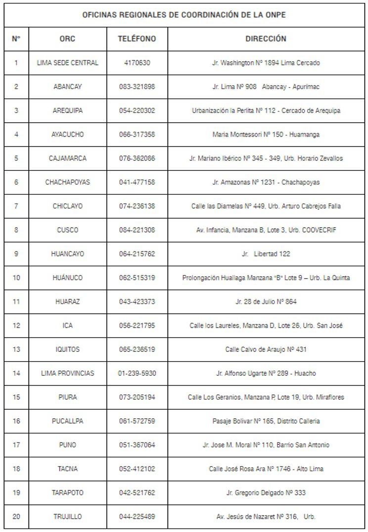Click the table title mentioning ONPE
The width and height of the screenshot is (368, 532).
184,15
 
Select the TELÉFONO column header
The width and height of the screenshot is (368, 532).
137,39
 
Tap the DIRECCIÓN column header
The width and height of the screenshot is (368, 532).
266,39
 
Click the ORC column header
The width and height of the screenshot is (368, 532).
67,39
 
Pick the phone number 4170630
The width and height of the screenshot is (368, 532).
137,63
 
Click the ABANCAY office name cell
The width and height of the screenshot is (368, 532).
67,87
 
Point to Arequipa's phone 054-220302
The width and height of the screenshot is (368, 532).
137,110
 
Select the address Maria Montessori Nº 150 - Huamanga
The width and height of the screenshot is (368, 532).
266,135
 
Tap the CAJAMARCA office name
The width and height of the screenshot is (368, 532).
67,158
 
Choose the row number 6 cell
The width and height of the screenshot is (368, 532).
16,182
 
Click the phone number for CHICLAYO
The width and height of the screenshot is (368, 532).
137,206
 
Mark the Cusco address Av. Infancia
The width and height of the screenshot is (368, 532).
266,230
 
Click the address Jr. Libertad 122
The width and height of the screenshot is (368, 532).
266,254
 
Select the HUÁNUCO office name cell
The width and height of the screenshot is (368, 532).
67,278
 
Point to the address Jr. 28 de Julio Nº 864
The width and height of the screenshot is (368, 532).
266,301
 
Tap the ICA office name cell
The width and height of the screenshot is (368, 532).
67,326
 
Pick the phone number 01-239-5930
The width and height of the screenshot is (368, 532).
137,373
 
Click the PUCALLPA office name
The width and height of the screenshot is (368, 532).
67,421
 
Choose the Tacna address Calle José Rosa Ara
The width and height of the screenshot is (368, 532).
266,469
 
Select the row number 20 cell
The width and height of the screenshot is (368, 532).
16,517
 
